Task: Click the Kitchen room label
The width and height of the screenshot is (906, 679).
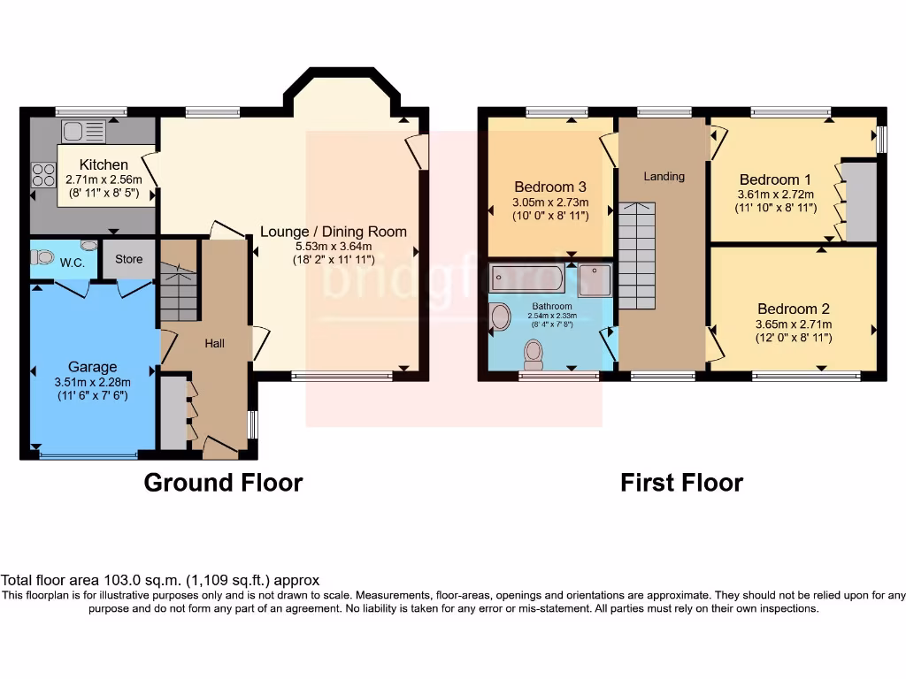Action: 104,164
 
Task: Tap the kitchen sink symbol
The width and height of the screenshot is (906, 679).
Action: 84,132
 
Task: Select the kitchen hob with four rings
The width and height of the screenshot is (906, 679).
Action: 43,176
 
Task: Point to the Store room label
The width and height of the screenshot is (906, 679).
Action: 128,260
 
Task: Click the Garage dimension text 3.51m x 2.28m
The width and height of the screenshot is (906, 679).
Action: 93,382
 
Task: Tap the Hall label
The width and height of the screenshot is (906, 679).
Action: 215,343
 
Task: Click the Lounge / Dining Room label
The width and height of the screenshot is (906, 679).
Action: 334,232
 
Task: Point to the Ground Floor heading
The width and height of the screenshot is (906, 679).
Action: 223,483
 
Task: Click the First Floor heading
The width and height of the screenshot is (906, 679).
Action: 681,483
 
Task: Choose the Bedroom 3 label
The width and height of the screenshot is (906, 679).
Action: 550,187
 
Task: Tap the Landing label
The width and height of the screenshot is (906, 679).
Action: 664,176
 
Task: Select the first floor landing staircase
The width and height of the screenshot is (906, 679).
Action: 636,256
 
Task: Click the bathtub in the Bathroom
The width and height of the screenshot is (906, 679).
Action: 526,278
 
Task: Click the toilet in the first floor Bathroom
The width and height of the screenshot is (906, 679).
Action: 534,355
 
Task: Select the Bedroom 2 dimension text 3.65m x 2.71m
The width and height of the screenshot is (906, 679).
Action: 794,324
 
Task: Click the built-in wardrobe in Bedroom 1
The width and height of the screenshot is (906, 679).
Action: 860,202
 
